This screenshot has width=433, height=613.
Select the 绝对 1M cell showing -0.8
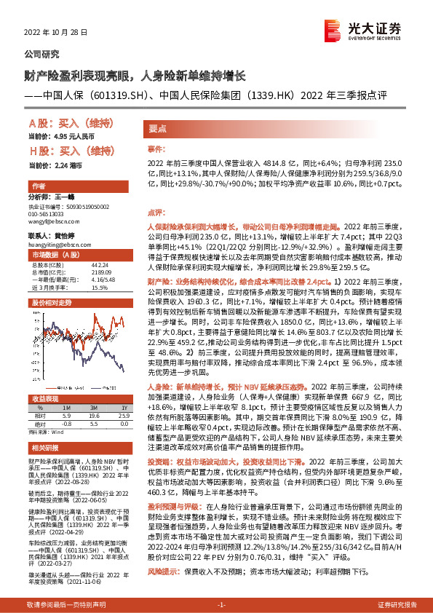pos(65,422)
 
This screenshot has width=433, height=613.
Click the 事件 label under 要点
pos(156,148)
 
